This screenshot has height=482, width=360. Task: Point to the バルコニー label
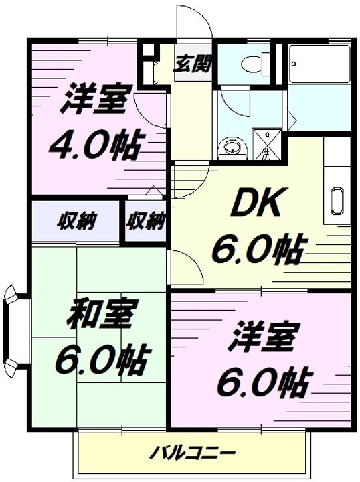tap(193, 452)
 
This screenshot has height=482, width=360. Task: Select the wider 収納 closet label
tap(74, 219)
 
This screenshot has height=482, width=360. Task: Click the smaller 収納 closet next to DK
tap(146, 219)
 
